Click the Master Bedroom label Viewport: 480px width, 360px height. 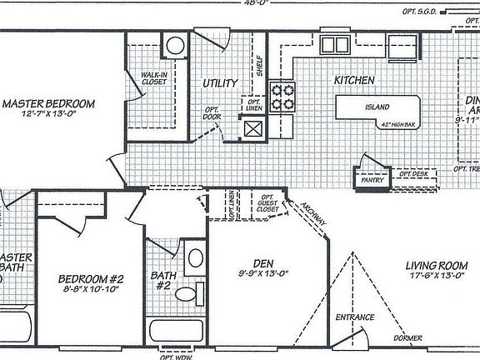[x=47, y=104]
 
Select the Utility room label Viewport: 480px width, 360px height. [x=220, y=83]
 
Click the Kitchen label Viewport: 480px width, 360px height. [x=354, y=81]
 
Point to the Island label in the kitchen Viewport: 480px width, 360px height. [x=376, y=107]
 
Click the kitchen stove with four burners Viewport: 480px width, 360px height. [x=285, y=95]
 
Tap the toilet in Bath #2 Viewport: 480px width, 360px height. [x=189, y=292]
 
